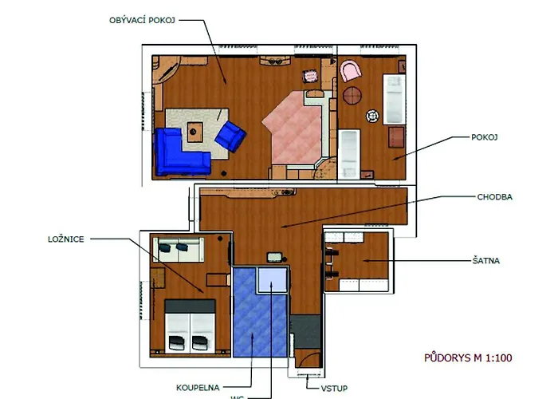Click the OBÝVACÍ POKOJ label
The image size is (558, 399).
pyautogui.click(x=142, y=20)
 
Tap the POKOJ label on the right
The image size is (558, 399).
pyautogui.click(x=485, y=137)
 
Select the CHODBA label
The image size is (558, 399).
pyautogui.click(x=495, y=197)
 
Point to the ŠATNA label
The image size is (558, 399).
pyautogui.click(x=486, y=261)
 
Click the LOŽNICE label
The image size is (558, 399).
pyautogui.click(x=66, y=239)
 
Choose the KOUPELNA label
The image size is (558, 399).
pyautogui.click(x=198, y=388)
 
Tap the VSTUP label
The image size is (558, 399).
pyautogui.click(x=334, y=389)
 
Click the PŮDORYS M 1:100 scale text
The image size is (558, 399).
pyautogui.click(x=468, y=358)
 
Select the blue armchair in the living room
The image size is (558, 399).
pyautogui.click(x=230, y=136)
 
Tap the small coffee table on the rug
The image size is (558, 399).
pyautogui.click(x=195, y=132)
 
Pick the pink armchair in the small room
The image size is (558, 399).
pyautogui.click(x=351, y=70)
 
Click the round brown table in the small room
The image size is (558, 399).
pyautogui.click(x=352, y=96)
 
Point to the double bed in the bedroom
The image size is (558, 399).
pyautogui.click(x=190, y=326)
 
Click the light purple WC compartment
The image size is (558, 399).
pyautogui.click(x=273, y=279)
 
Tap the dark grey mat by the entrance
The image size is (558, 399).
pyautogui.click(x=305, y=332)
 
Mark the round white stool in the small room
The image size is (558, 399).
pyautogui.click(x=372, y=116)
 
